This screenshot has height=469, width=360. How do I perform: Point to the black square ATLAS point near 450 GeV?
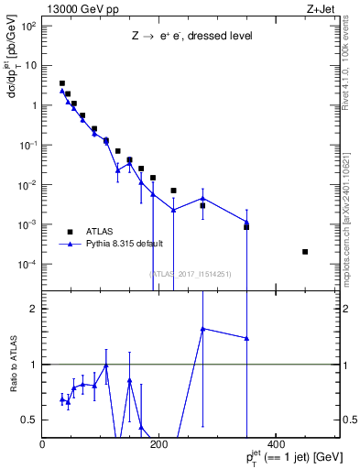click(305, 252)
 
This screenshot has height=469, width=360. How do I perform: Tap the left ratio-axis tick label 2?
click(33, 309)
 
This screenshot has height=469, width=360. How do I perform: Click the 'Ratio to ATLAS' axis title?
click(12, 365)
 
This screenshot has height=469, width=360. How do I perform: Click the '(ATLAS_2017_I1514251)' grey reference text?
click(190, 273)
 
